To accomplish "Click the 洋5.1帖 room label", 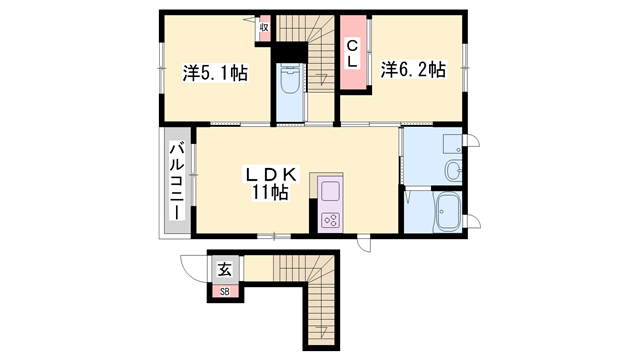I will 215,73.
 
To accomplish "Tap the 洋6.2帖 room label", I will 412,71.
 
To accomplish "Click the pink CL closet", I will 353,53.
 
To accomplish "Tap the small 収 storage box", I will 264,28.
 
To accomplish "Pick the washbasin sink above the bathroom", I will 453,169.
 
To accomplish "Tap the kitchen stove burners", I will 331,219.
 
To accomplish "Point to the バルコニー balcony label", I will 176,182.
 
